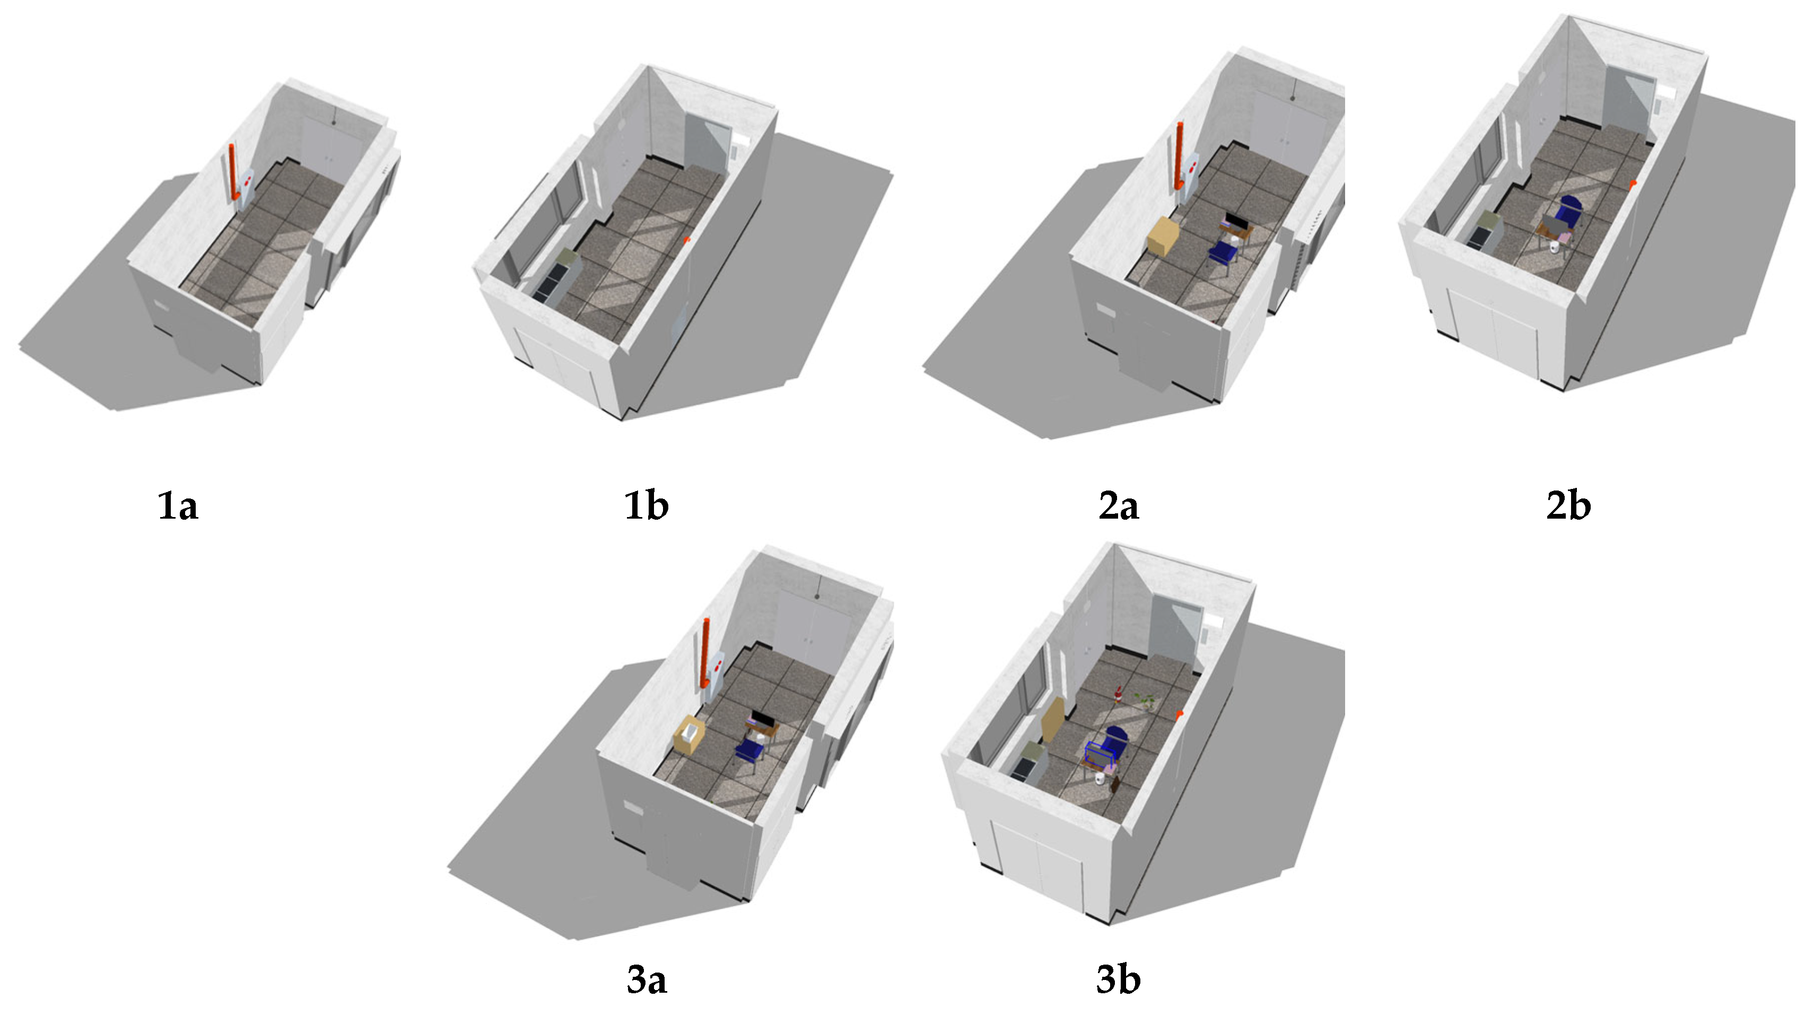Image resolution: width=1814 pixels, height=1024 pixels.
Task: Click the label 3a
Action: pos(647,979)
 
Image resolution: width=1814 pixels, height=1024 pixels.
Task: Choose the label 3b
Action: pos(1118,979)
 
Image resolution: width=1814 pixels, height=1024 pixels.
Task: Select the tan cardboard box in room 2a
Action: pos(1164,236)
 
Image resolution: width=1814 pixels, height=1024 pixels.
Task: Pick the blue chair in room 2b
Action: pos(1569,211)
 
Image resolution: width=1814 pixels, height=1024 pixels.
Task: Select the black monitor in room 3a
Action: pos(763,719)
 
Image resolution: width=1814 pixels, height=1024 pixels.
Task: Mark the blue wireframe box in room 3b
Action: pos(1101,755)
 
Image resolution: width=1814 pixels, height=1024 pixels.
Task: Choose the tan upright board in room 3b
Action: pos(1053,719)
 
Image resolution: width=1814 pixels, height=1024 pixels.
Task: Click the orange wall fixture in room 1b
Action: pos(687,240)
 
